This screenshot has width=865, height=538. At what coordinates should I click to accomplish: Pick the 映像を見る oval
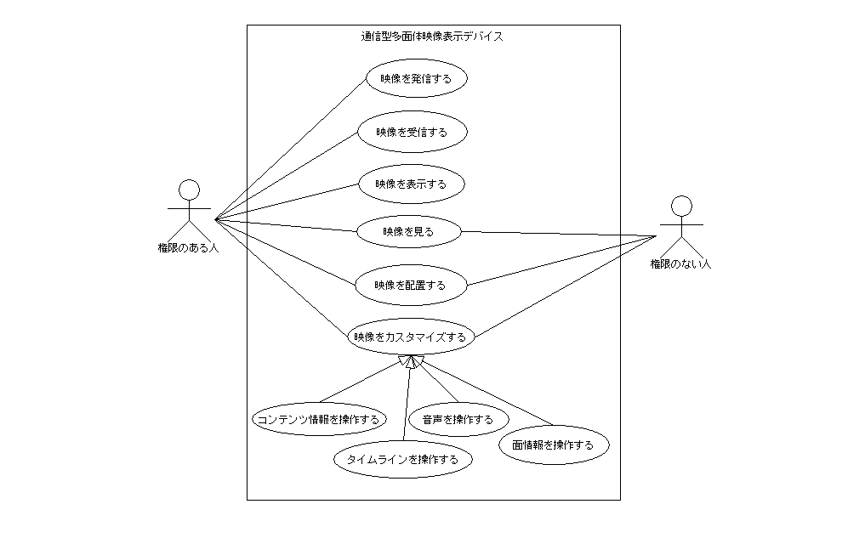[x=408, y=231]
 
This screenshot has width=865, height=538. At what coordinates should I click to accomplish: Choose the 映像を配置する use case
[x=410, y=285]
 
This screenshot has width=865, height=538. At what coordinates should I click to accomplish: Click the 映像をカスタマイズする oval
[x=410, y=337]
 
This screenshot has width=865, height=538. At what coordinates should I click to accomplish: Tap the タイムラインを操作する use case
[x=402, y=460]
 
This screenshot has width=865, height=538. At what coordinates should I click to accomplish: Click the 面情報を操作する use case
[x=554, y=445]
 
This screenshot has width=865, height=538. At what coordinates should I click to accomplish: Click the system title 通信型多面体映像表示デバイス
[x=432, y=37]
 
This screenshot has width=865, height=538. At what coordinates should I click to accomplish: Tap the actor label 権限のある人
[x=188, y=248]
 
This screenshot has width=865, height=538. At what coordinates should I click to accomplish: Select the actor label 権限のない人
[x=680, y=264]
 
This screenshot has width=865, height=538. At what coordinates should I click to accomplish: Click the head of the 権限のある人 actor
[x=189, y=189]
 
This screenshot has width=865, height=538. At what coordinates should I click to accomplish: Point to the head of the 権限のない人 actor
[x=681, y=206]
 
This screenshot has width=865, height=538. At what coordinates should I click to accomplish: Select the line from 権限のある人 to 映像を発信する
[x=289, y=149]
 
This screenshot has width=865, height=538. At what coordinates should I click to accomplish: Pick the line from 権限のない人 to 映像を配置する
[x=561, y=260]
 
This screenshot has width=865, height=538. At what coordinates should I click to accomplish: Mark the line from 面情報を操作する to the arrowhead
[x=485, y=394]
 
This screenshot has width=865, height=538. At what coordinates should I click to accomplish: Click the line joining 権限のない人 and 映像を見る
[x=557, y=233]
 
